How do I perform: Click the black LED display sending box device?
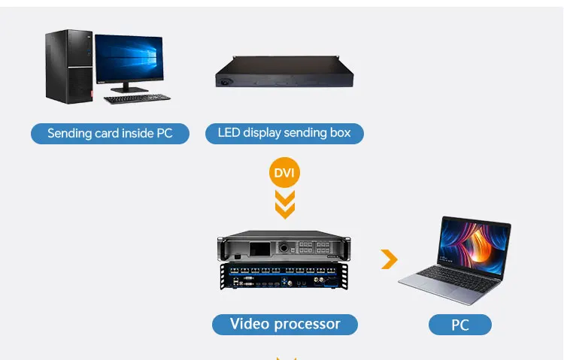(x=285, y=76)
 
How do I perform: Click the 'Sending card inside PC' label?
(x=110, y=134)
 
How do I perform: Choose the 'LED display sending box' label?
(x=284, y=133)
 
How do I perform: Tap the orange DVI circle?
(x=284, y=174)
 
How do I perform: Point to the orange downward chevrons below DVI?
(x=284, y=204)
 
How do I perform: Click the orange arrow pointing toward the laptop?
(x=389, y=260)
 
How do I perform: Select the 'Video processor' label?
(x=284, y=325)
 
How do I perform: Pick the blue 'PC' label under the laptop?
(x=459, y=325)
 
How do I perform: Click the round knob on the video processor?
(x=284, y=248)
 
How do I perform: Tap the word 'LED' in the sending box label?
(x=229, y=133)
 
